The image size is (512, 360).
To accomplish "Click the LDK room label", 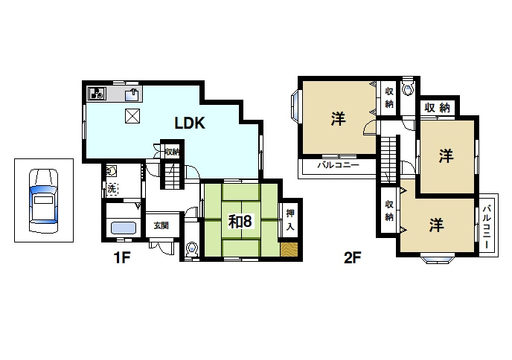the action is pos(190,123).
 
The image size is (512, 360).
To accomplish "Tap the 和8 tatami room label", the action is pos(240,222).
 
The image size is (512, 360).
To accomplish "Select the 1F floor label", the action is pos(122,258).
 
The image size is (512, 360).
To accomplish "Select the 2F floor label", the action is pos(352,258).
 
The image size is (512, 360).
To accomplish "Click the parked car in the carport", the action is pos(43,200).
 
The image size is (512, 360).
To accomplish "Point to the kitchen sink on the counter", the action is pos(133,94).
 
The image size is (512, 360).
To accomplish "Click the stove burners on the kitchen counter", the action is pos(97,94).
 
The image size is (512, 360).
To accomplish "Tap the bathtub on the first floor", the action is pos(124,228).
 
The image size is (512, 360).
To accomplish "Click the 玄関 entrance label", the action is pos(161,225).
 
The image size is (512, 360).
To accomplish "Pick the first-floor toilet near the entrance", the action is pos(192,249).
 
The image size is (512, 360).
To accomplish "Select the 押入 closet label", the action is pos(290,219).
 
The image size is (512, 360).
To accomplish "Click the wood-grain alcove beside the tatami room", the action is pos(289,249).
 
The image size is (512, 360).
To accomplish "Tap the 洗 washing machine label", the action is pos(112,189).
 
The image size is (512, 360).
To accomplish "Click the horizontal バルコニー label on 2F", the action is pos(339,165).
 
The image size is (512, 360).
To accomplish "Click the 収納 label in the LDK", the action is pos(172,152).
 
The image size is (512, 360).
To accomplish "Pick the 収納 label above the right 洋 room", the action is pos(437,107).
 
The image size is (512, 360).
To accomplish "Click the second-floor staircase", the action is pos(388,159).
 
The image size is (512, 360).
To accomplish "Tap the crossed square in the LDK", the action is pos(132,116).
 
